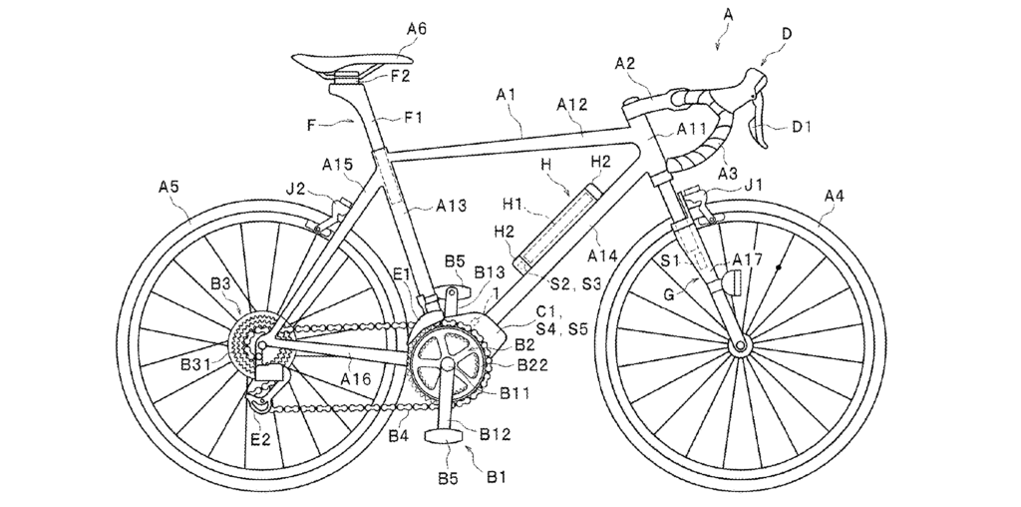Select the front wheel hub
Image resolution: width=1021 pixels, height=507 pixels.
click(741, 346)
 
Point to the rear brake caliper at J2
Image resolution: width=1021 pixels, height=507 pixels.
click(328, 216)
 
